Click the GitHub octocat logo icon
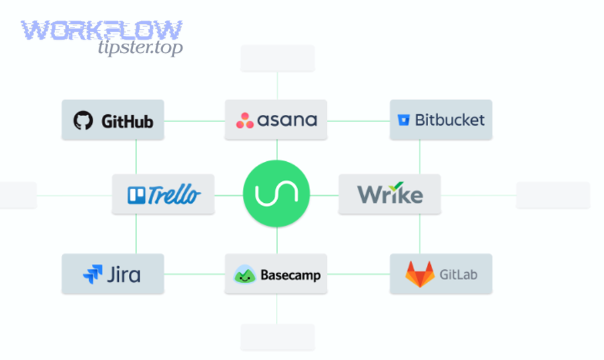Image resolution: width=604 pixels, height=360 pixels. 83,121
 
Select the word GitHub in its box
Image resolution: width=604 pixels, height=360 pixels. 127,122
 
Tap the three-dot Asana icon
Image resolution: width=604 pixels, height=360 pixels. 245,121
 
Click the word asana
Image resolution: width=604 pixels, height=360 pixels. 287,121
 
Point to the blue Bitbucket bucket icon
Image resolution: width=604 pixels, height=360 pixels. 403,121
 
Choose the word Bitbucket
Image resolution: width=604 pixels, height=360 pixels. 449,121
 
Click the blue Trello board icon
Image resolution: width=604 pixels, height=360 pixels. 136,195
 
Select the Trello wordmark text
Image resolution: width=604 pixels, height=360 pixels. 173,195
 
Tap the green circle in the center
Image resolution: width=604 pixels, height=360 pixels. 276,195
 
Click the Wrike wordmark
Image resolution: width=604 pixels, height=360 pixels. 390,194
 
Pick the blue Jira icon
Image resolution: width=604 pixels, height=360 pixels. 92,275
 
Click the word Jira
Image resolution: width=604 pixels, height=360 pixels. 123,275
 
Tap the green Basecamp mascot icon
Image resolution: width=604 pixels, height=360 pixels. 244,275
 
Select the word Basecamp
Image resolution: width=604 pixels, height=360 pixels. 290,275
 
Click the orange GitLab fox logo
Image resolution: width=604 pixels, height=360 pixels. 419,275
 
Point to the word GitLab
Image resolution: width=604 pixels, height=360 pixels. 458,275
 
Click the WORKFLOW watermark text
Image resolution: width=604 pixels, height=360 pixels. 101,30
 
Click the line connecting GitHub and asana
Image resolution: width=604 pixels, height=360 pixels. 194,121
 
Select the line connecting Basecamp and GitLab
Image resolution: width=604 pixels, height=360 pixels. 358,274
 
